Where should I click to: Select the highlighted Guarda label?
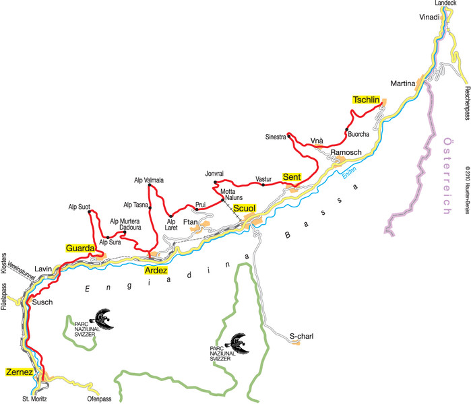(80, 248)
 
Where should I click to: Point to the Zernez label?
(19, 371)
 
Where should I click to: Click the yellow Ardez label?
(156, 270)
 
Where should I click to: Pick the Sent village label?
(291, 176)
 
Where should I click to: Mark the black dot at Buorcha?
(346, 129)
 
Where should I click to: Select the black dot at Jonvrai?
(215, 182)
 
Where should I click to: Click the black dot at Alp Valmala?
(149, 185)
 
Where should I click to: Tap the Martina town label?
(402, 83)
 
